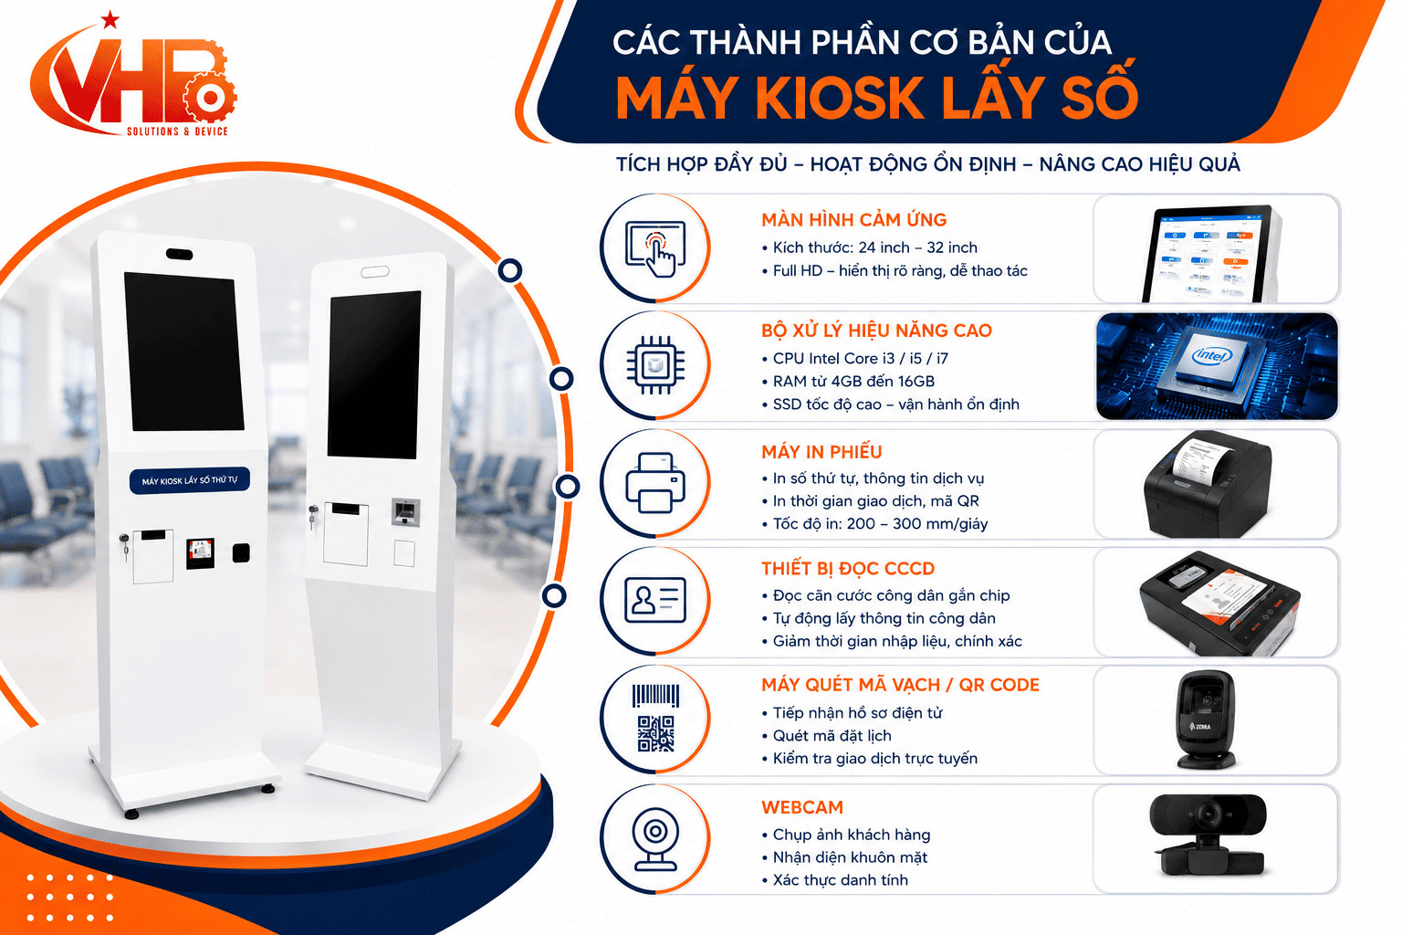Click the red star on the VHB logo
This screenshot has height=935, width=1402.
tap(110, 20)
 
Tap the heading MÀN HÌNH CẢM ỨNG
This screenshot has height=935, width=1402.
tap(853, 220)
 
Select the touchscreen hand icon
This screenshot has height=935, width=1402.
tap(655, 248)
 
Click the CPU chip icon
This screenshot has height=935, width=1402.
tap(655, 365)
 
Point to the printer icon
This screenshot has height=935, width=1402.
tap(655, 483)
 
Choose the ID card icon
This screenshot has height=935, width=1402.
tap(655, 600)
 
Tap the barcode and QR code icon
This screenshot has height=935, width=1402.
tap(655, 718)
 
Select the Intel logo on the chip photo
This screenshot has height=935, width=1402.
tap(1212, 356)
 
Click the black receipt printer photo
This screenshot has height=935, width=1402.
tap(1208, 484)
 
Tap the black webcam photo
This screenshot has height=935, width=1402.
tap(1208, 835)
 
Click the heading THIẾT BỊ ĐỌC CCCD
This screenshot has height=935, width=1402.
tap(847, 569)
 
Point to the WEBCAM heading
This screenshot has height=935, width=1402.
tap(802, 807)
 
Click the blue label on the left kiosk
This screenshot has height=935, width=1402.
tap(190, 480)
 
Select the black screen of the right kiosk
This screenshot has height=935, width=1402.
tap(374, 374)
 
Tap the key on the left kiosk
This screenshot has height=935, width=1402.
tap(124, 546)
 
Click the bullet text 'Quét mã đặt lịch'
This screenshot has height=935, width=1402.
tap(832, 736)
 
